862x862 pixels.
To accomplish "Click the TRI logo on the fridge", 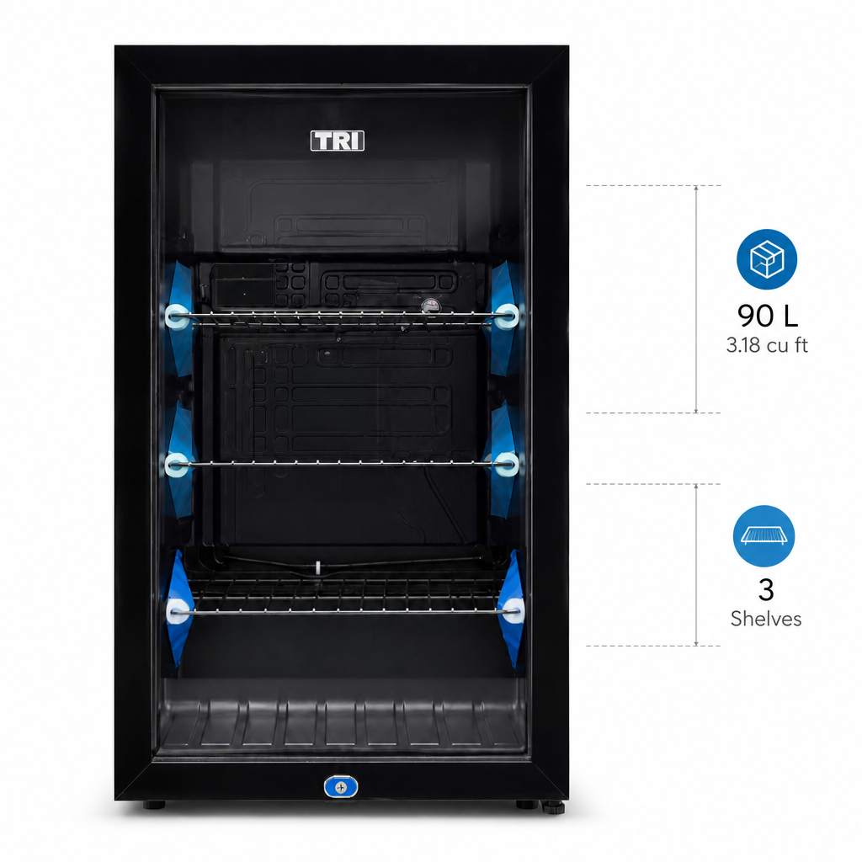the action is pos(337,141).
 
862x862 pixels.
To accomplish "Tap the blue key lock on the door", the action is pos(341,787).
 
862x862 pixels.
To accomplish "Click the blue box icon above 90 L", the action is pos(766,259).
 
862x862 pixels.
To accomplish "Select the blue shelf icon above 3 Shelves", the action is pos(764,536).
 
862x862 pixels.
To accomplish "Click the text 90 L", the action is pos(768,317).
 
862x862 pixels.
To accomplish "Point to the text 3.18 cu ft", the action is pos(767,345).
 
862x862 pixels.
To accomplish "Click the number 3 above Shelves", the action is pos(766,590).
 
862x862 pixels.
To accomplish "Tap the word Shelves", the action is pos(766,619).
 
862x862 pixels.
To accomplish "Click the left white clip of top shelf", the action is pos(177,317).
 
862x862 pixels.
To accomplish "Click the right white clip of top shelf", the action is pos(506,317).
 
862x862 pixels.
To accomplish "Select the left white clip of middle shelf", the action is pos(177,465).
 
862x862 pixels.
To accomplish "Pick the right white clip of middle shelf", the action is pos(506,465).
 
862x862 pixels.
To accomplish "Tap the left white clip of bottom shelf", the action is pos(177,611).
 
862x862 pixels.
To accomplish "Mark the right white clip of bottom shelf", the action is pos(513,611).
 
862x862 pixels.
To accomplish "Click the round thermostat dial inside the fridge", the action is pos(430,306).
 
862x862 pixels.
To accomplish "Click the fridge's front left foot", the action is pos(154,805).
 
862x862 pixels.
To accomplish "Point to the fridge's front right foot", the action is pos(527,805).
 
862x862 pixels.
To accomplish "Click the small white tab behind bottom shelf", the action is pos(317,567).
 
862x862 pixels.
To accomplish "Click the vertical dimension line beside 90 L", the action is pos(696,299).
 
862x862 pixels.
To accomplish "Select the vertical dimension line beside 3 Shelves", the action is pos(696,565).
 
